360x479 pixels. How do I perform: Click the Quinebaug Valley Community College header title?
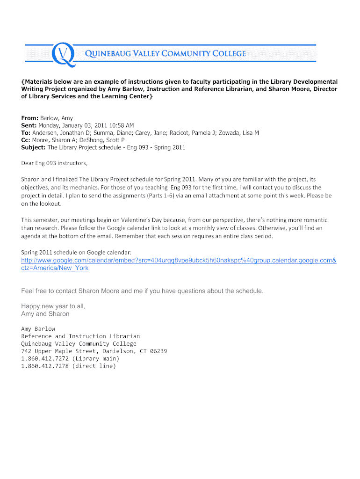point(165,54)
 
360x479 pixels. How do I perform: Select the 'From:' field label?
point(30,118)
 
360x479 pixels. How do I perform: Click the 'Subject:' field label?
point(33,147)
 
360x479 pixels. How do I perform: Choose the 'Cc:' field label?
point(26,140)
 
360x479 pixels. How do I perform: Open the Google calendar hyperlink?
point(179,261)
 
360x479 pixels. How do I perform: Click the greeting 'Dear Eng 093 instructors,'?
point(54,164)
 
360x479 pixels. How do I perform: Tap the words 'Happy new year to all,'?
point(53,306)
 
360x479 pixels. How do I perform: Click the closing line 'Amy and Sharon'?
point(45,314)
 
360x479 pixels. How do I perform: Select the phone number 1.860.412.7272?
point(45,359)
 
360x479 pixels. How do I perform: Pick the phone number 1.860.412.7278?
point(45,366)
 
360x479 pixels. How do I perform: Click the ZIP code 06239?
point(158,351)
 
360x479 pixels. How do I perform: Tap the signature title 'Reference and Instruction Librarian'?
point(80,336)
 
